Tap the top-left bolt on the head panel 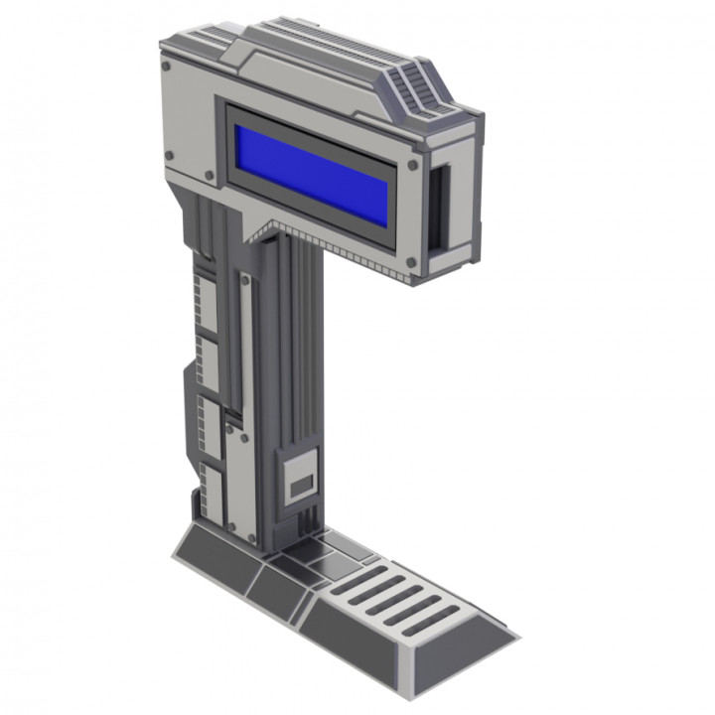pyautogui.click(x=166, y=68)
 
